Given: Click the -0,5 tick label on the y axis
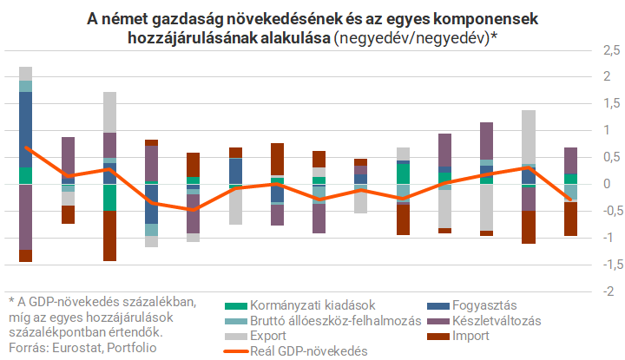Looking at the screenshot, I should (x=602, y=211).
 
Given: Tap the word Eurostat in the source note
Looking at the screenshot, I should (x=78, y=348).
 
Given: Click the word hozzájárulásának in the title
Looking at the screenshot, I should (x=183, y=38).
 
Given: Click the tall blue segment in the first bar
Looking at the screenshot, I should (x=25, y=129).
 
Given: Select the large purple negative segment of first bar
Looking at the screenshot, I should (x=25, y=217).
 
